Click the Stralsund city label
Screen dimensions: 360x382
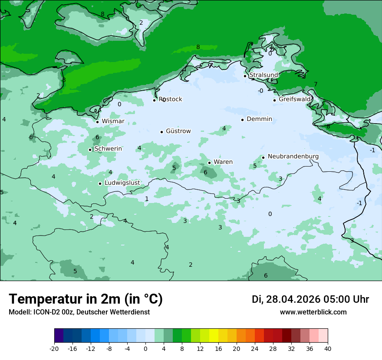point(263,75)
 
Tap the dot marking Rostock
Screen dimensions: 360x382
point(154,100)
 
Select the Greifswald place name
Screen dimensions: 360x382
point(295,99)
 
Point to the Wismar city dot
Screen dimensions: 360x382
point(97,122)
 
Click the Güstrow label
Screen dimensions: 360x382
point(178,131)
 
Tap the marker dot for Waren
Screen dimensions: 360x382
point(209,163)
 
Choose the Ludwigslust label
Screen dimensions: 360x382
point(122,183)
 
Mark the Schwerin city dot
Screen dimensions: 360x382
point(90,150)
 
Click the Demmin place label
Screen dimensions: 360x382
point(259,119)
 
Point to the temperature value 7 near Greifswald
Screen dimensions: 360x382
point(316,85)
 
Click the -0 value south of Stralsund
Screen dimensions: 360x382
point(260,91)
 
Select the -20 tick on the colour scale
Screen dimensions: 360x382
point(54,348)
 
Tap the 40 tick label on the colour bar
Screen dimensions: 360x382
point(328,348)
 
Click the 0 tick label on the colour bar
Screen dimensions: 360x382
point(145,348)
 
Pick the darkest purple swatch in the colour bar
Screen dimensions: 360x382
point(59,336)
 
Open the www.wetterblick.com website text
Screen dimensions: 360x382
point(313,312)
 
